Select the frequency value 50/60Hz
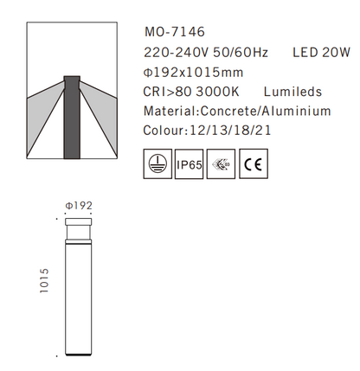pos(243,53)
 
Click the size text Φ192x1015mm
pos(193,72)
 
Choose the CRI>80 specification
pos(170,92)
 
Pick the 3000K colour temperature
pos(221,92)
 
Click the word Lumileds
pos(293,92)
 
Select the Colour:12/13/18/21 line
pos(209,131)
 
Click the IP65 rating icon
pos(189,165)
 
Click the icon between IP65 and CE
pos(221,165)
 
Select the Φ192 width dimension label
pos(78,206)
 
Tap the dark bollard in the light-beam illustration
pos(73,118)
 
